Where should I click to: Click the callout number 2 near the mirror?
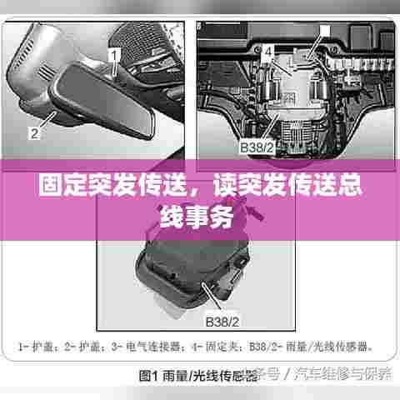[x=34, y=132]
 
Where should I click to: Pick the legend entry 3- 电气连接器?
[x=155, y=343]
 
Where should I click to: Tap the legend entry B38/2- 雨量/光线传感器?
[x=317, y=343]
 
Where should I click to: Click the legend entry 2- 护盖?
[x=88, y=343]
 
